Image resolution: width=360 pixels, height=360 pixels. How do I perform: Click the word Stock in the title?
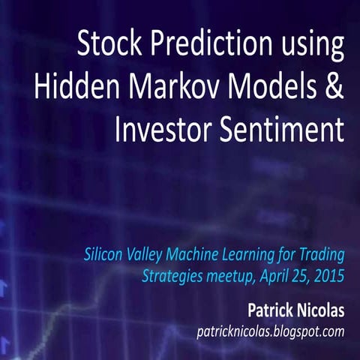click(106, 45)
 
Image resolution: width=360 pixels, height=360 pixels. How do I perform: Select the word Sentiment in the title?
click(283, 130)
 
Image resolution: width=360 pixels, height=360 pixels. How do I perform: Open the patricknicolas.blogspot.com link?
click(269, 331)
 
